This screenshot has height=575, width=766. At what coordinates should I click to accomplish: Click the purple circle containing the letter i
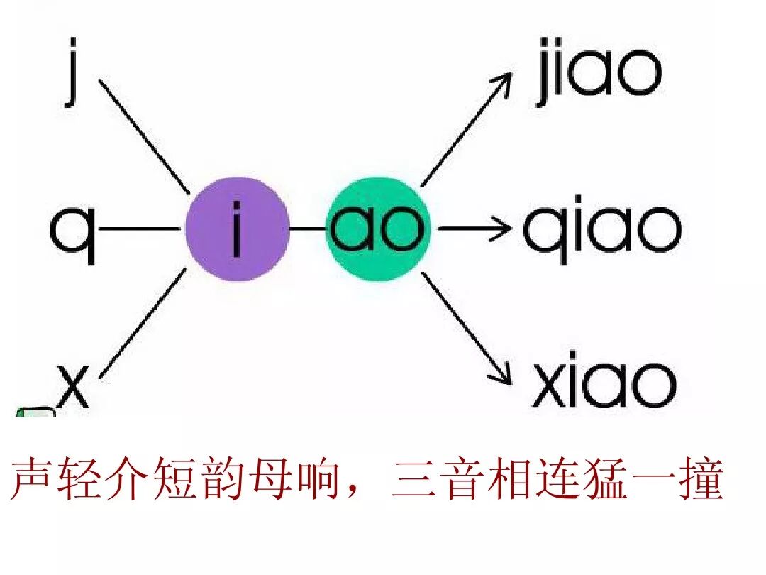(238, 229)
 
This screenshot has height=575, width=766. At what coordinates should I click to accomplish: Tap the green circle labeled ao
(378, 229)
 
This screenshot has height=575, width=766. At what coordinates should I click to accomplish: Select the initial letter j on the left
(72, 71)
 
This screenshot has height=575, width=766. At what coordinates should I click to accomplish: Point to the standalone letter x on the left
(73, 387)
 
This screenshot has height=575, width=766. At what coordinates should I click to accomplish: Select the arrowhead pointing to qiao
(503, 229)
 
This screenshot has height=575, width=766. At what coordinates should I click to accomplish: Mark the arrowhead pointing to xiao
(503, 377)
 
